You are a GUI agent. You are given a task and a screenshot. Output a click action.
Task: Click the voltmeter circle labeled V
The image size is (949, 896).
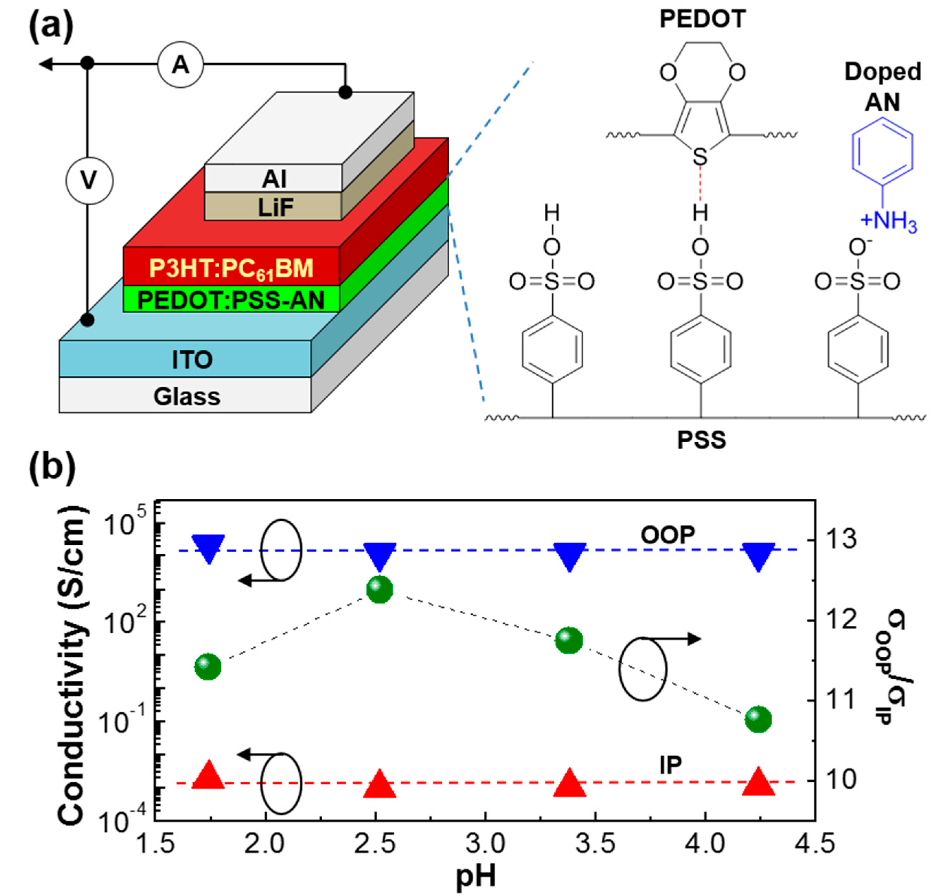pos(89,181)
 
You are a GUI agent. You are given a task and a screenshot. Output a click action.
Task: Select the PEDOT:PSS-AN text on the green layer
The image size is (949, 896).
pos(231,300)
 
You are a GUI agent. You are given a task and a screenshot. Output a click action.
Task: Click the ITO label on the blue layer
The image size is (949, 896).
pos(192,360)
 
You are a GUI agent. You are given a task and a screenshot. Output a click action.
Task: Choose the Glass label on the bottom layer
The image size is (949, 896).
pos(187,396)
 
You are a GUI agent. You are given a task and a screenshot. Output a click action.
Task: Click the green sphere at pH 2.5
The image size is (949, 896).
pos(380,590)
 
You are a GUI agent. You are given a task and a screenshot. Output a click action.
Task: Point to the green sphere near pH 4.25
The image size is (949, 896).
pos(758,718)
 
